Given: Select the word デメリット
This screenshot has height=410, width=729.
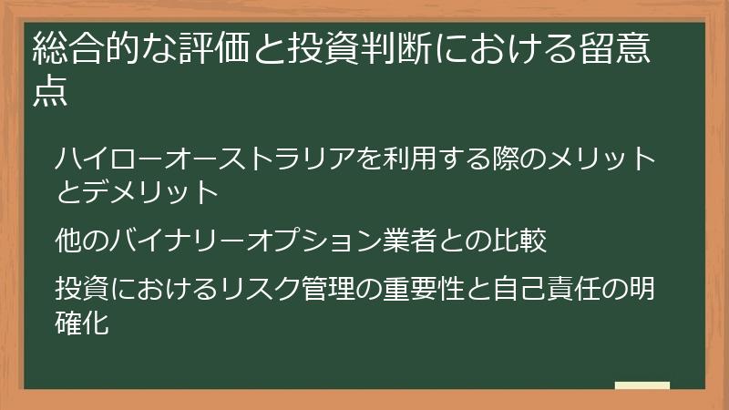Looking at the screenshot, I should click(x=149, y=191).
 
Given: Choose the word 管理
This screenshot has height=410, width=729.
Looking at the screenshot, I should click(x=335, y=289).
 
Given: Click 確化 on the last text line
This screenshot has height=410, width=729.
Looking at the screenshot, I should click(x=82, y=322).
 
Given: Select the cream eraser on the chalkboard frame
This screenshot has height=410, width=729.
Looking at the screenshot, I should click(x=642, y=385).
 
